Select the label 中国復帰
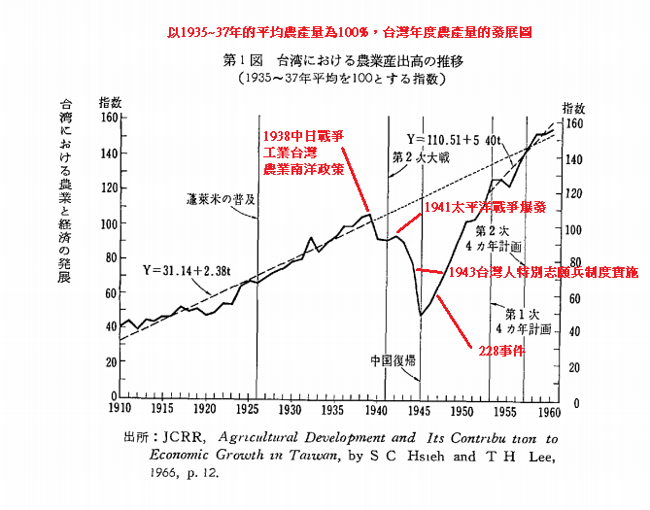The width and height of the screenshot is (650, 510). click(x=393, y=358)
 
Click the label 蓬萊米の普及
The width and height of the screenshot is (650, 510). click(x=221, y=199)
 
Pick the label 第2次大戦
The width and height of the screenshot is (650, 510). click(x=419, y=156)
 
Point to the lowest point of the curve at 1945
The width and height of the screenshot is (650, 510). click(x=421, y=315)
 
